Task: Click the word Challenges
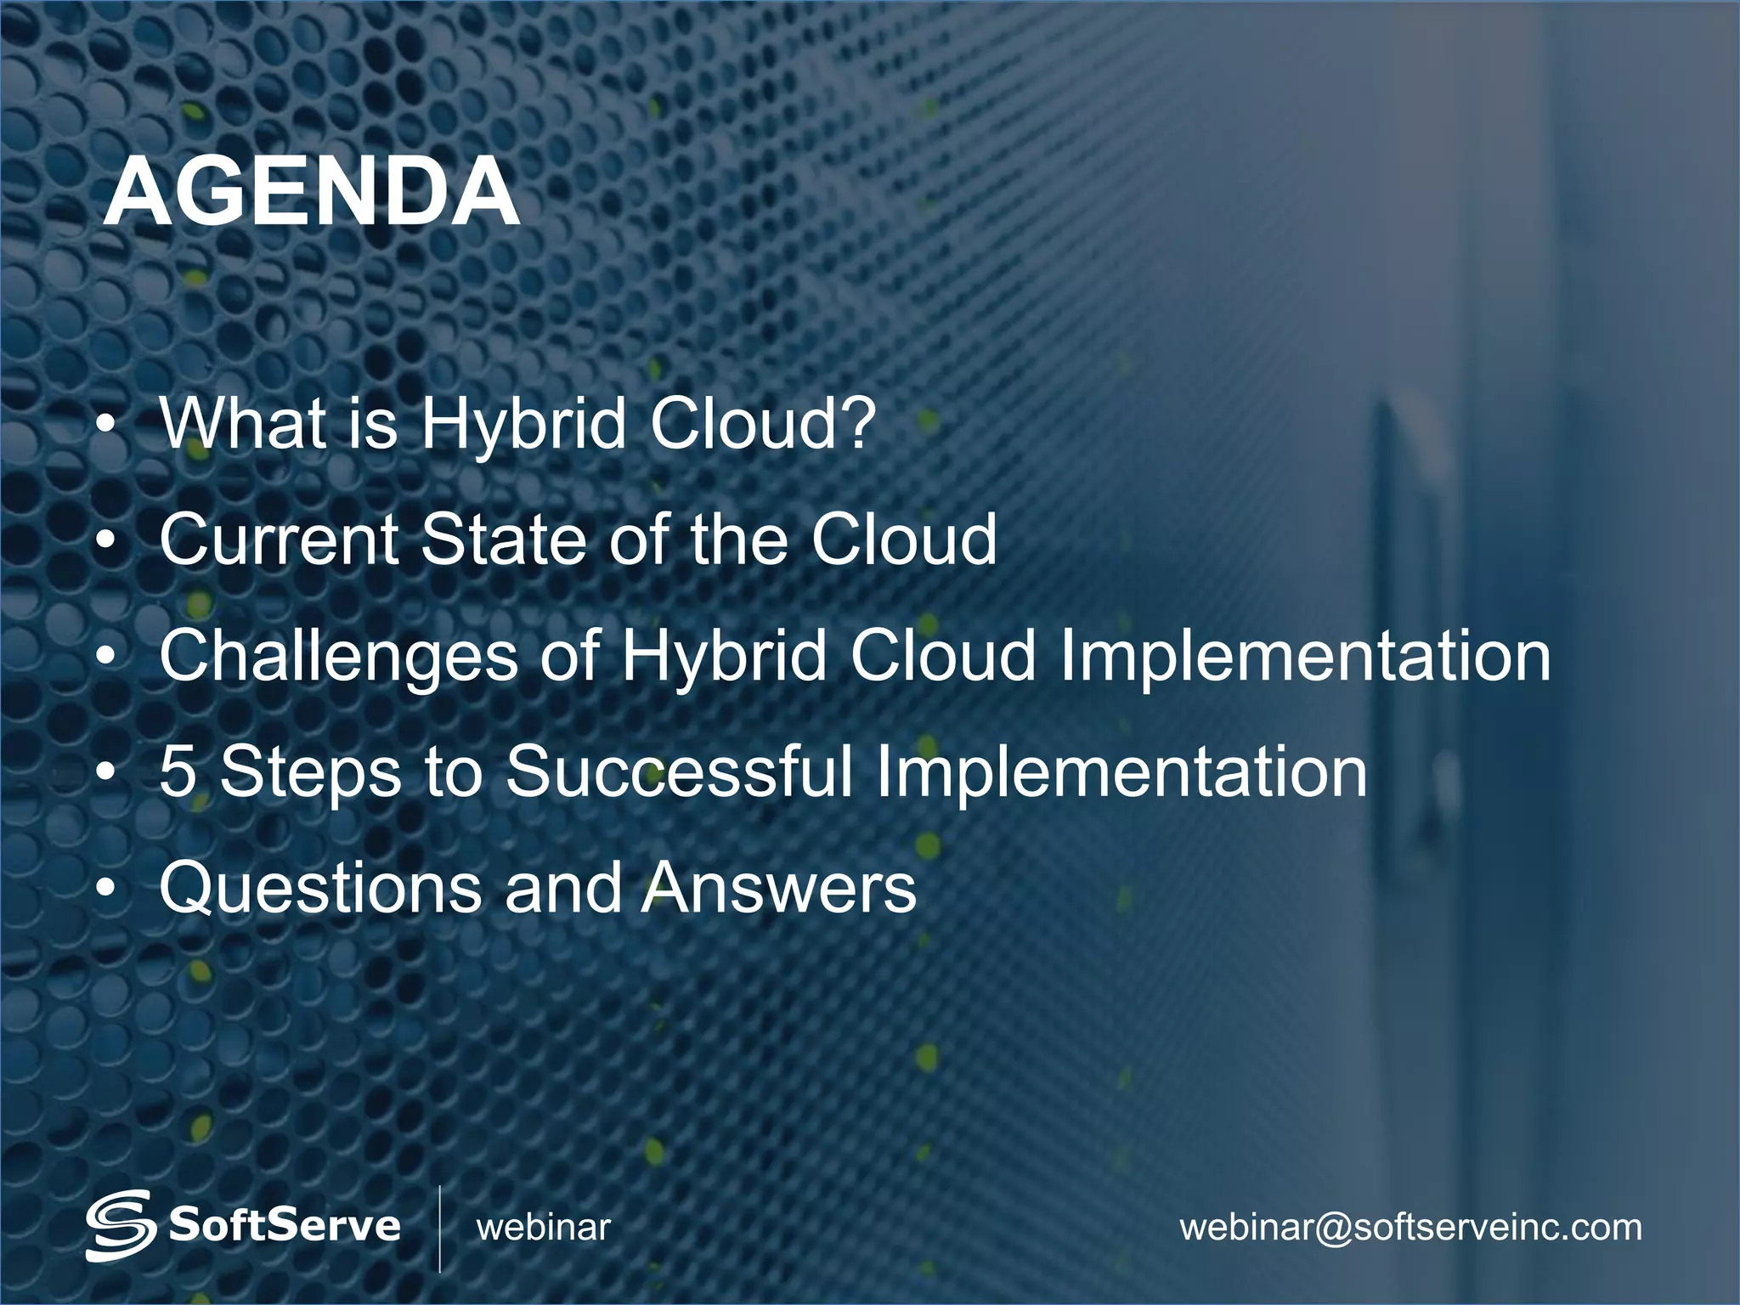[x=338, y=656]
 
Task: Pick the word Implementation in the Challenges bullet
[x=1304, y=656]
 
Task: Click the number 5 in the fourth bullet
[x=178, y=771]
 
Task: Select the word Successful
[x=679, y=771]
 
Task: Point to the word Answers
[x=779, y=888]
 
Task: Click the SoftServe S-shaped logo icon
[x=120, y=1225]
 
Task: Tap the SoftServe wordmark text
[x=285, y=1225]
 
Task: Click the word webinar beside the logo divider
[x=544, y=1227]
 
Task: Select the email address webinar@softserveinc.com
[x=1410, y=1227]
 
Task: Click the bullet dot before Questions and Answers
[x=105, y=888]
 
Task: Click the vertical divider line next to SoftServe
[x=439, y=1228]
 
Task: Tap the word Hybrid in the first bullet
[x=524, y=424]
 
